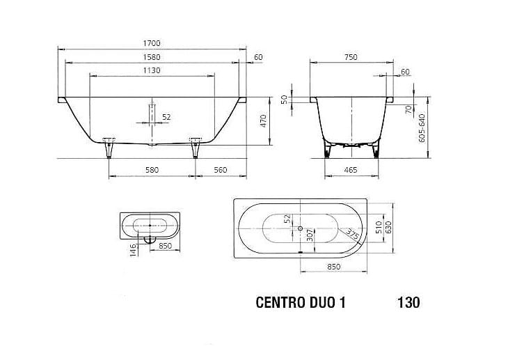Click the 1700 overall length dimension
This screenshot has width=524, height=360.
[x=152, y=43]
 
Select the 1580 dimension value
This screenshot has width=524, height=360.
[x=152, y=57]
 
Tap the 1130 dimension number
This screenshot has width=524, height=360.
[x=152, y=70]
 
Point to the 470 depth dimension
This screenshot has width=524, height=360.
[x=263, y=120]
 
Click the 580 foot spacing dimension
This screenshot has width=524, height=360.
[x=152, y=170]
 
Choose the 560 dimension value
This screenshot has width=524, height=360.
[x=220, y=170]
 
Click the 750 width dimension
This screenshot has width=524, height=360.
[x=351, y=57]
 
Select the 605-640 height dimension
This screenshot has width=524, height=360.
[x=422, y=128]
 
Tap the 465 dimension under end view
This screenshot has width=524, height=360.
[x=351, y=170]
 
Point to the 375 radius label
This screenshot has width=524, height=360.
[x=352, y=233]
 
